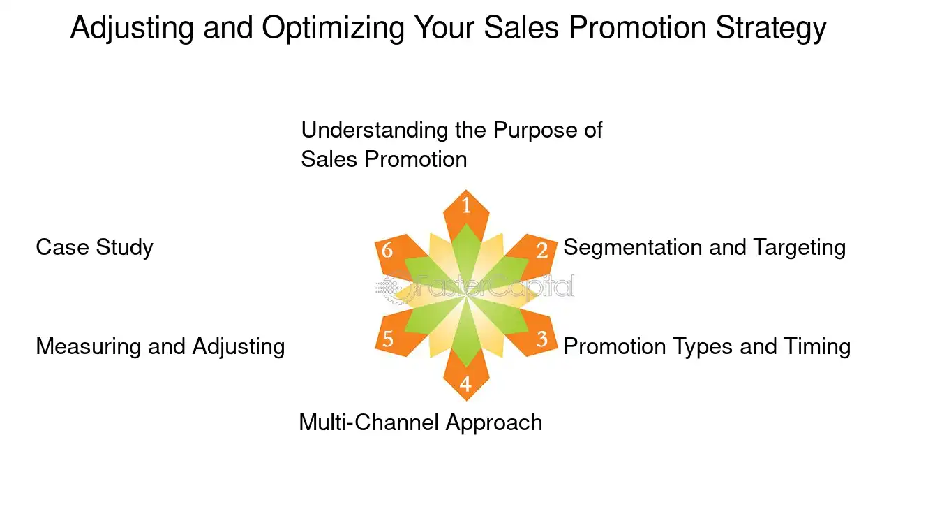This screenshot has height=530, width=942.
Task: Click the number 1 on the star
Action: point(466,205)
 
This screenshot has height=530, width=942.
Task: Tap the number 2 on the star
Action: point(542,251)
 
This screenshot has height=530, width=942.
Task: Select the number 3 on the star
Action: point(542,339)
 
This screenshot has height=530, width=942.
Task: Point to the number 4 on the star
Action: point(465,384)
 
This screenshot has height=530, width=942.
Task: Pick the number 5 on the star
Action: point(388,339)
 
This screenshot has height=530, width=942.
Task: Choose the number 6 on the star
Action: point(387,250)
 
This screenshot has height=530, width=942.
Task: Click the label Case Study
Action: point(95,248)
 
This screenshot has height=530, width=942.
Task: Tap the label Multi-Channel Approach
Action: point(421,423)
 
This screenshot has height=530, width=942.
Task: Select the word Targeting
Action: point(799,248)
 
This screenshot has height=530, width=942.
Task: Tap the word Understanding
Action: point(375,131)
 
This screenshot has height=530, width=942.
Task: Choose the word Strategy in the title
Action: point(771,29)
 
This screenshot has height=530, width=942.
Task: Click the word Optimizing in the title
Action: point(333,29)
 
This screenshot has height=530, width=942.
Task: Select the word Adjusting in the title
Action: point(132,29)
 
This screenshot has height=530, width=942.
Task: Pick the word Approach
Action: point(494,423)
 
